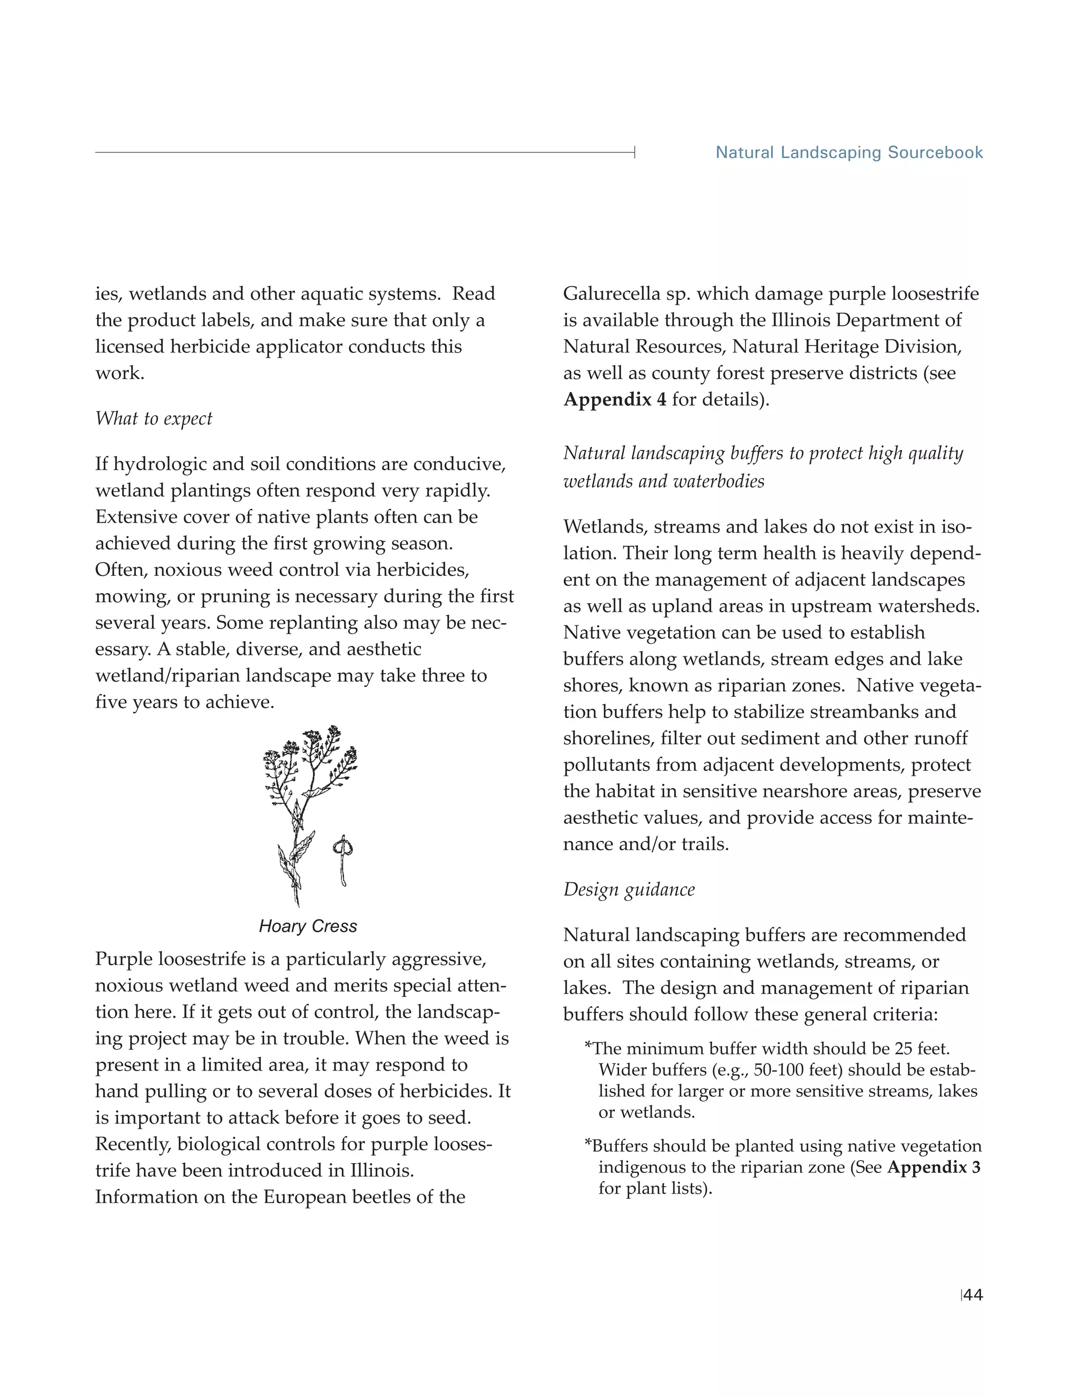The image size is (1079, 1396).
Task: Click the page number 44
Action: click(x=973, y=1295)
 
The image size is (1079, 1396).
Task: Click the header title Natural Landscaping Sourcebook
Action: click(x=849, y=153)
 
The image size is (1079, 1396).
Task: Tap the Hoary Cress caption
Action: click(x=308, y=926)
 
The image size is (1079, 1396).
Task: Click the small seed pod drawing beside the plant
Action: click(x=342, y=860)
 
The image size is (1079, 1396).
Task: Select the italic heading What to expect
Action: click(x=153, y=419)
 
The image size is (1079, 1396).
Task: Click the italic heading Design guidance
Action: click(x=629, y=890)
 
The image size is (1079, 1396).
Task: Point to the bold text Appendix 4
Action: click(x=614, y=399)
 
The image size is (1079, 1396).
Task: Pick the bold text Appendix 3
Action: click(x=933, y=1167)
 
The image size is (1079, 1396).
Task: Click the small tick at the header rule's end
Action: click(x=634, y=152)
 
